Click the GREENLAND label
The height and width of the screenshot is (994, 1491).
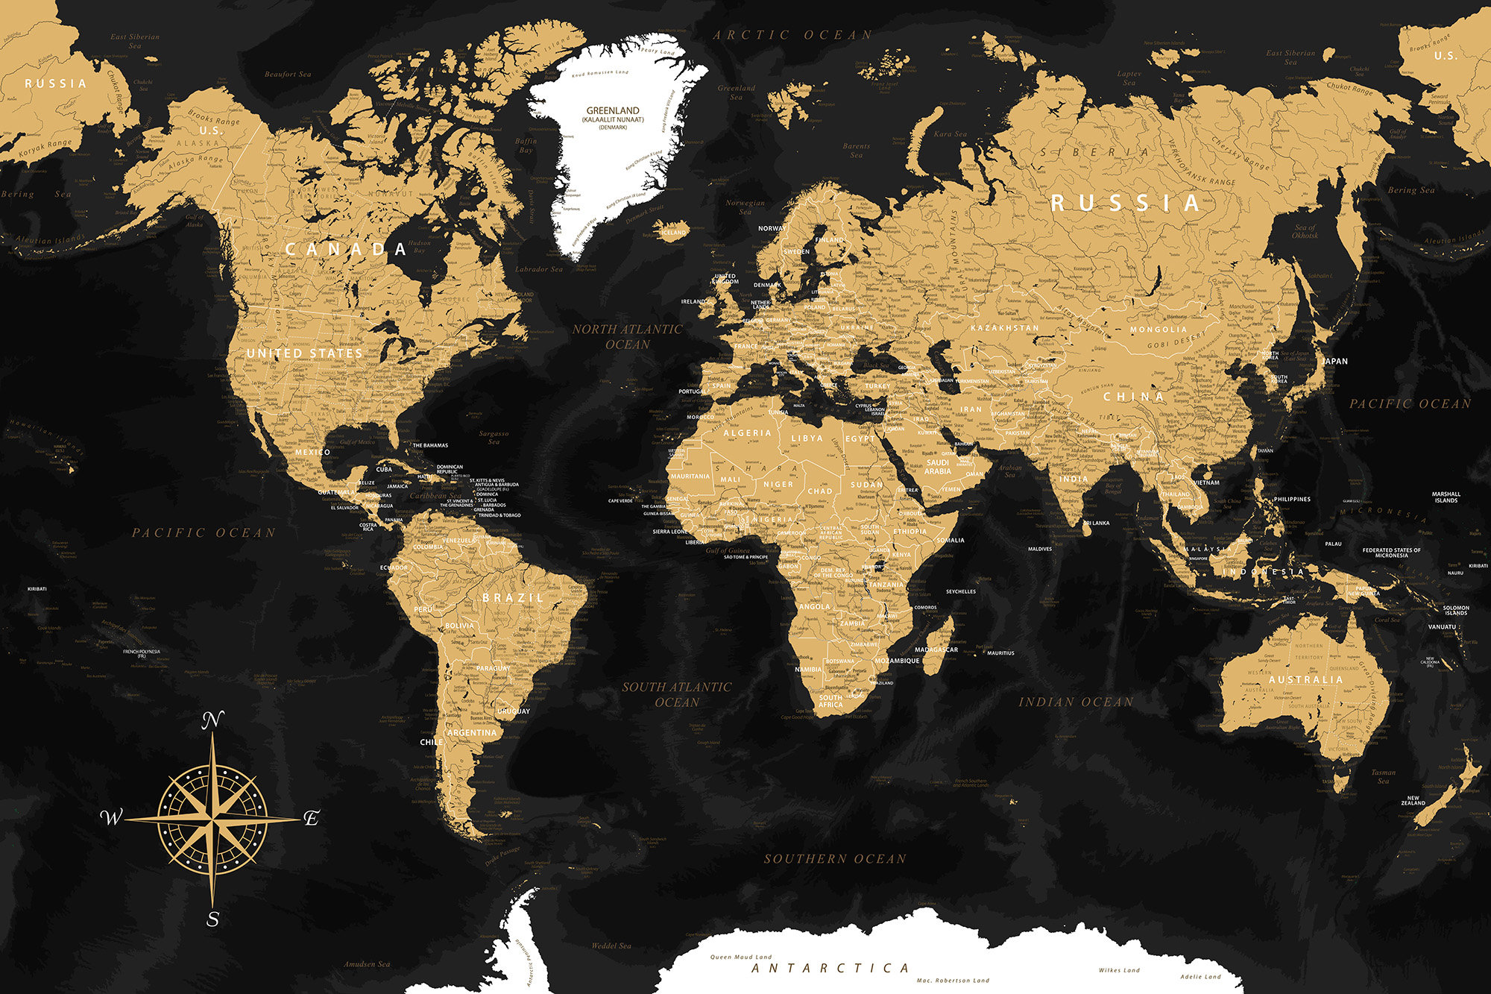(613, 110)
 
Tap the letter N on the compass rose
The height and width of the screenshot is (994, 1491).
(213, 720)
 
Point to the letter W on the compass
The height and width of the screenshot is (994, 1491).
(111, 817)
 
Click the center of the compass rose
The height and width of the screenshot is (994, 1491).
(213, 819)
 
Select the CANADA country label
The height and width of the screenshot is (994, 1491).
(346, 249)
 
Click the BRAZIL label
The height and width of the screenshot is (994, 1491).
(513, 597)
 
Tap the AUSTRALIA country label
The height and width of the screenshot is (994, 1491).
(1305, 679)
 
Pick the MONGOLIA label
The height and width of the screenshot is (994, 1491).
(1159, 329)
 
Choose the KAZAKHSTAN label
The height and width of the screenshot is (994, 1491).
(1005, 327)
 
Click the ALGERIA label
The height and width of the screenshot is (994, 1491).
(747, 432)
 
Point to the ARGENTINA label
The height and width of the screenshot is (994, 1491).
(472, 732)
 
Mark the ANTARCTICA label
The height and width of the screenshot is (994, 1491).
(830, 968)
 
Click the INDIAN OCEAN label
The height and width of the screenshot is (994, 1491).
(1076, 702)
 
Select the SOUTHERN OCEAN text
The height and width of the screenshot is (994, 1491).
(835, 859)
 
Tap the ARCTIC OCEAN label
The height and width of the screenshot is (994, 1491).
(792, 35)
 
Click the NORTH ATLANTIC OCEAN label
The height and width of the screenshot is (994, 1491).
(628, 336)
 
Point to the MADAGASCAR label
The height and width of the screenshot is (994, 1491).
(936, 649)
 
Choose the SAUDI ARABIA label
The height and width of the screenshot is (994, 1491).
(937, 467)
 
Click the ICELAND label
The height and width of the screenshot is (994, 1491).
(674, 232)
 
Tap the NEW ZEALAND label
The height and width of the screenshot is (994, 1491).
(1413, 800)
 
